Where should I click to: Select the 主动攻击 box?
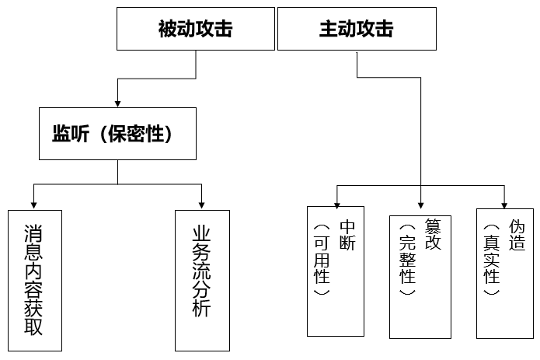click(356, 30)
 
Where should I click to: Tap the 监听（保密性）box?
click(117, 134)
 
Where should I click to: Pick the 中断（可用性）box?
click(335, 271)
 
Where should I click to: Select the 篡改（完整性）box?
click(420, 276)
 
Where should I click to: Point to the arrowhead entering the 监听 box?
click(117, 103)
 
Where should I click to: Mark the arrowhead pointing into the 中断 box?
click(335, 204)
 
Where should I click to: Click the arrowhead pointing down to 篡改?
click(420, 208)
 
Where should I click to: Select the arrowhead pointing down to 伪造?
click(504, 204)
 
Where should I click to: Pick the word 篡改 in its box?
click(432, 233)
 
